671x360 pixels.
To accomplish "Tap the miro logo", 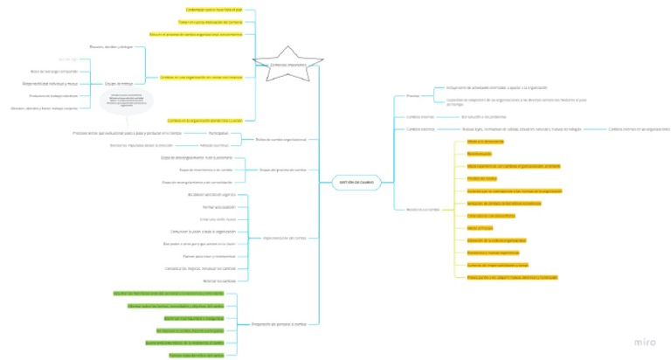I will [645, 343].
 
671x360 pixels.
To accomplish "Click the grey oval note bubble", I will [127, 101].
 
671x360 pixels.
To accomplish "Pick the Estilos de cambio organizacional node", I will [280, 139].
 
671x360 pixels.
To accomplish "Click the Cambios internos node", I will [420, 115].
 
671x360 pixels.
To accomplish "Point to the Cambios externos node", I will [420, 129].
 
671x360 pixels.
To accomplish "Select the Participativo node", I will [218, 133].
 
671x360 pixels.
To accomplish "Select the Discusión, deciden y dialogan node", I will [112, 46].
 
